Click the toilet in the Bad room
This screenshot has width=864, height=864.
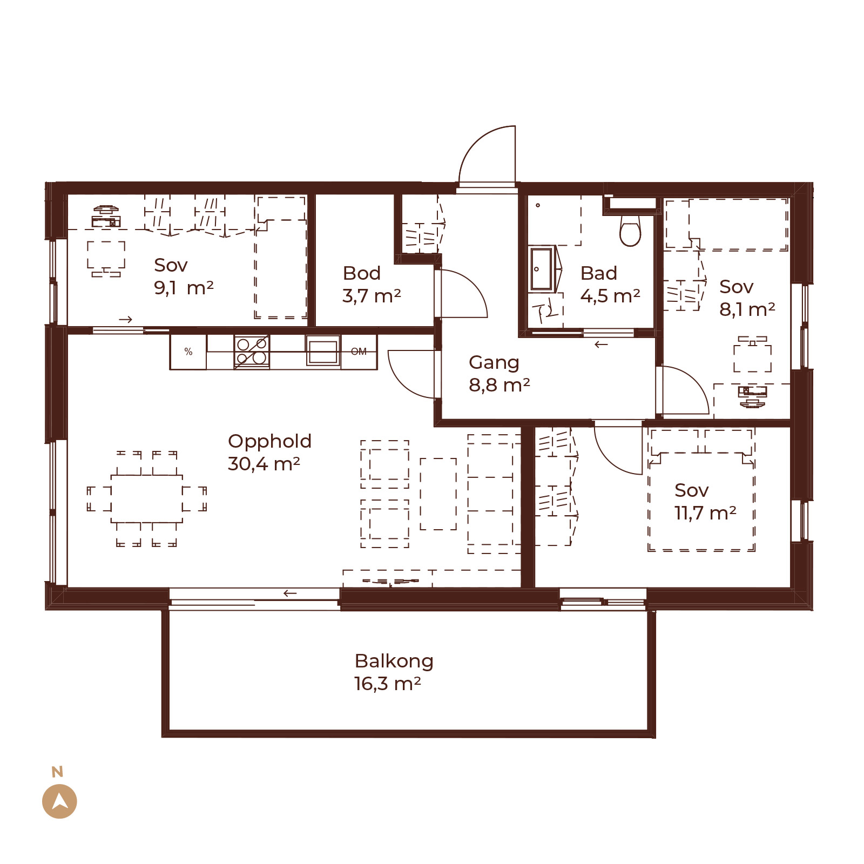[x=630, y=231]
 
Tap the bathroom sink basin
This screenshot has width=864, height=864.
[x=542, y=269]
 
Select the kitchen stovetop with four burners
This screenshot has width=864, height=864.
[x=252, y=352]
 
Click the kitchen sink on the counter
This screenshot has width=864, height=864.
[x=323, y=350]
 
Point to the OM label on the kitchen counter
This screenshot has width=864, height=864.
[x=359, y=352]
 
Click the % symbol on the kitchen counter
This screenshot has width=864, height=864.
[x=188, y=352]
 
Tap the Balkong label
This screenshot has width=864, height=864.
[x=394, y=661]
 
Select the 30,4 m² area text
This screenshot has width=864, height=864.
[x=264, y=463]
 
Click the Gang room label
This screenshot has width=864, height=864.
[x=494, y=363]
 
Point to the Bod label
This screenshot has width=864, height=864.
[x=362, y=273]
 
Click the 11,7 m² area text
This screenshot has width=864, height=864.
[x=705, y=512]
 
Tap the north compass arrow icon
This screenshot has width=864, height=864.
[x=59, y=801]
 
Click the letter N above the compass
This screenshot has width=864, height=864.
[x=57, y=772]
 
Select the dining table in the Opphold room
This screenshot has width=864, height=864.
[x=147, y=499]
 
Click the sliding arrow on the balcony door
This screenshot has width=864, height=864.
[x=290, y=593]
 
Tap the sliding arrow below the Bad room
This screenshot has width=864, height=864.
[x=601, y=345]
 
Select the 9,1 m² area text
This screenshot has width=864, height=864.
[x=184, y=288]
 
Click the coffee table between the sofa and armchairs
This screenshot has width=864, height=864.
[x=438, y=494]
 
